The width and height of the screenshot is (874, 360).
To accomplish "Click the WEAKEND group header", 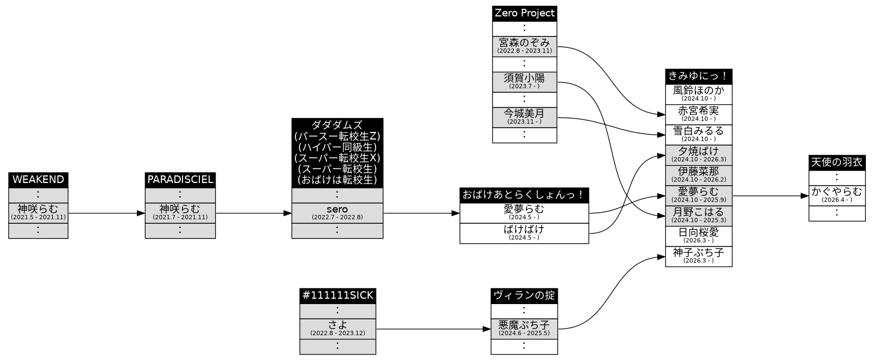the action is [38, 180].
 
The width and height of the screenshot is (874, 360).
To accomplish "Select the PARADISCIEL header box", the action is [180, 180].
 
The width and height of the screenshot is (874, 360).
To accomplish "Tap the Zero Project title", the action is [524, 14].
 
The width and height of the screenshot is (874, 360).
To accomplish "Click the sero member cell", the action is [337, 213].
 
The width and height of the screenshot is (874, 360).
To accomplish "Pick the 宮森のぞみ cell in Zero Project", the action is [524, 46].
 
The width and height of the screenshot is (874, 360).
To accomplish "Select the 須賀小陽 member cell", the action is [524, 82].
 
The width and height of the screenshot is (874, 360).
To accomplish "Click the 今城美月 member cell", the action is [524, 117].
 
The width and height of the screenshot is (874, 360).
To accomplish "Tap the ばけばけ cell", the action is [524, 233].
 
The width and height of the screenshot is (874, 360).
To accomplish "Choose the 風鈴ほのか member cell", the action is [699, 94].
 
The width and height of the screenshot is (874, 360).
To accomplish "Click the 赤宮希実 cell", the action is [699, 115].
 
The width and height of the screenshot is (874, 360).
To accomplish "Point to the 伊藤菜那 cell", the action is [699, 175].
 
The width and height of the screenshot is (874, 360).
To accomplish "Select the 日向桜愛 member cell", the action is [699, 236].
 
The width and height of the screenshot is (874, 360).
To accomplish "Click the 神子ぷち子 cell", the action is [699, 257].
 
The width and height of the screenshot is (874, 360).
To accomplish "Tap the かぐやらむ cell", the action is [837, 196].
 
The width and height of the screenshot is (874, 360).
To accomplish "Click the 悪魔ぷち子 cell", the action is [524, 329].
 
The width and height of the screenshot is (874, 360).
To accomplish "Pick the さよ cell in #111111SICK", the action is [338, 329].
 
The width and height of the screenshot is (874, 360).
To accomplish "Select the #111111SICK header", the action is [338, 296].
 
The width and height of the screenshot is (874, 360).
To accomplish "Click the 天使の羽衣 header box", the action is [837, 163].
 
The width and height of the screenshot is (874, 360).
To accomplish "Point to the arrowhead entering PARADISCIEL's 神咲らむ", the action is [141, 213].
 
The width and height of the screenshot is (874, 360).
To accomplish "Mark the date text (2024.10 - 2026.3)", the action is [699, 160].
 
